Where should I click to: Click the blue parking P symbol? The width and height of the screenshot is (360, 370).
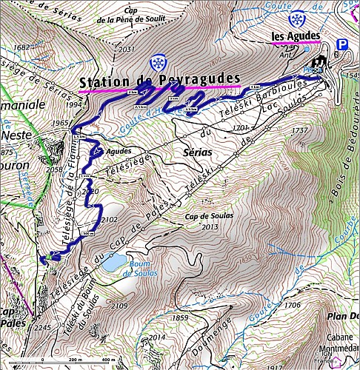pos(341,45)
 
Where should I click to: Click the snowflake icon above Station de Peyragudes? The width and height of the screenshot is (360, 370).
pos(157,63)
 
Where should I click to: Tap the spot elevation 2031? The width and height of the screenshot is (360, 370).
pos(127,49)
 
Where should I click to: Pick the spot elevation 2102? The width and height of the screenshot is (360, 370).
pos(109,220)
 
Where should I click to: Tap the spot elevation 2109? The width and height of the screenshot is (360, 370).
pos(119,305)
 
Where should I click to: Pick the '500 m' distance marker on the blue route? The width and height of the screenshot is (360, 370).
pos(88,233)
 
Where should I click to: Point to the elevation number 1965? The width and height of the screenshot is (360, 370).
pos(61,123)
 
